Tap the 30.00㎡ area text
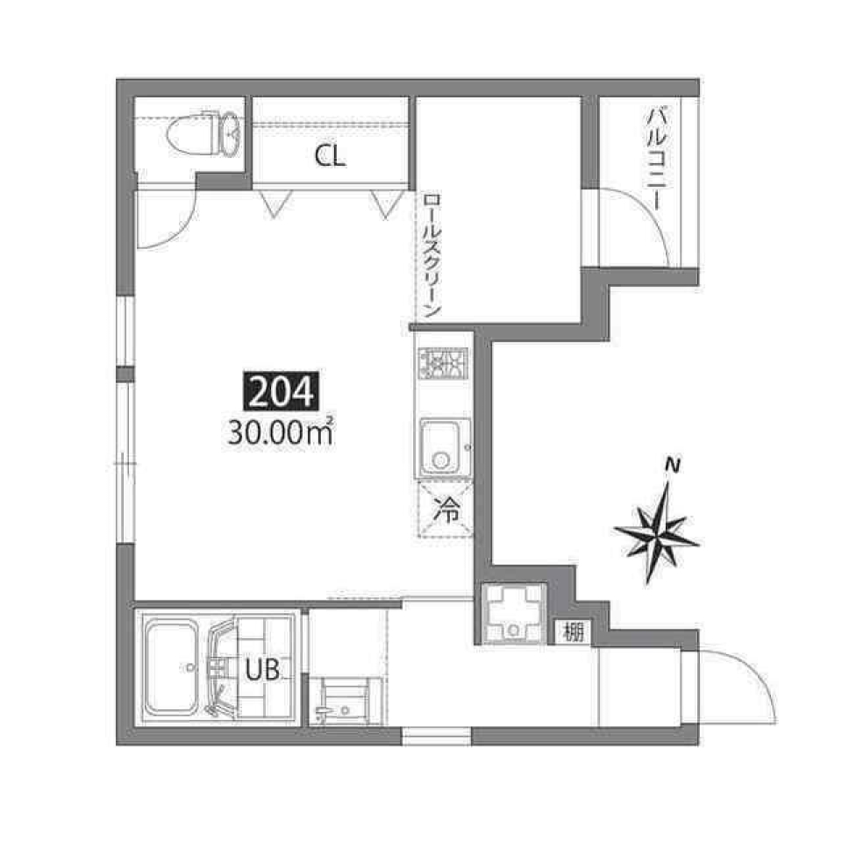click(x=280, y=432)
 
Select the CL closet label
click(x=331, y=157)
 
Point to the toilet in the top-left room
click(x=203, y=133)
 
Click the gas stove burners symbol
click(x=444, y=362)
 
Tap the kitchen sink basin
click(x=445, y=446)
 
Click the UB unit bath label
click(x=262, y=671)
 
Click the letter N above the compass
click(x=673, y=465)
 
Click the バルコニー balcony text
click(x=655, y=158)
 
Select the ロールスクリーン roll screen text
click(x=431, y=256)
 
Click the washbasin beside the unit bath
click(x=346, y=701)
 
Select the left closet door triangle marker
click(x=274, y=203)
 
